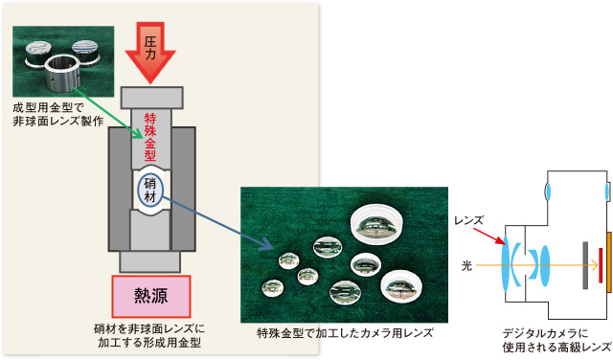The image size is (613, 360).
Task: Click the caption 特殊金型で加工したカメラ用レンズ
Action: coord(345,333)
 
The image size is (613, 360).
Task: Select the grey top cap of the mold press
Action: coord(153,98)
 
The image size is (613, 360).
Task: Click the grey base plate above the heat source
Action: coord(153,260)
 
